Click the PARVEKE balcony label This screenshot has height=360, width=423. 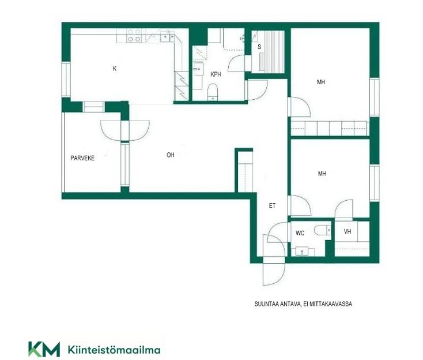tap(82, 158)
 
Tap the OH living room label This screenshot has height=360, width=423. tap(171, 155)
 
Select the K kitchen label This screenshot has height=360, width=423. tap(115, 69)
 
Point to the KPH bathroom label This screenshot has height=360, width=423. tap(216, 74)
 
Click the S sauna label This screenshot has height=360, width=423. tap(259, 47)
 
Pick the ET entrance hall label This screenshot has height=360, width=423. tap(272, 206)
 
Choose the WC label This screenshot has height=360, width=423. tap(300, 233)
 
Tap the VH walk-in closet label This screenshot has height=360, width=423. tap(348, 231)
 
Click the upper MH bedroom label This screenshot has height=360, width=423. tap(321, 82)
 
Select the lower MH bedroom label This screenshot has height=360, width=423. tap(322, 174)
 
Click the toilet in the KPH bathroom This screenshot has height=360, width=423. tap(213, 92)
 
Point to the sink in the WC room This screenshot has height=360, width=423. tap(302, 252)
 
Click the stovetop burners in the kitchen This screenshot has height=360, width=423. tap(134, 36)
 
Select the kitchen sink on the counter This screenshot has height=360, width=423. tap(168, 36)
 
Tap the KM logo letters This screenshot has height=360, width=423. tap(44, 349)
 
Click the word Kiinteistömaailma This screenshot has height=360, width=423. tap(114, 350)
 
